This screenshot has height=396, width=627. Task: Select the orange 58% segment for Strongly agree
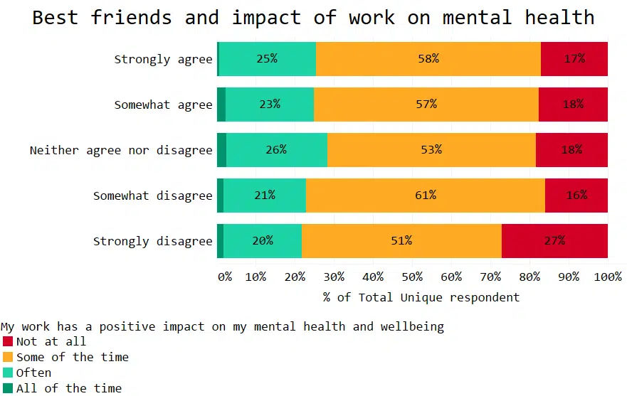click(x=428, y=59)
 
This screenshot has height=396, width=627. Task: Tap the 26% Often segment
click(x=276, y=150)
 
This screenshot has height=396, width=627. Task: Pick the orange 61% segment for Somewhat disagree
click(x=425, y=196)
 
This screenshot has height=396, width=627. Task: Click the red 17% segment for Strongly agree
click(x=574, y=59)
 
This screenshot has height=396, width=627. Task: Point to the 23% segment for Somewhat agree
click(x=269, y=105)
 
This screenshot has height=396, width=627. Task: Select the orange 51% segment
click(x=401, y=241)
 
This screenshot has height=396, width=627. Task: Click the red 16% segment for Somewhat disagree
click(x=576, y=196)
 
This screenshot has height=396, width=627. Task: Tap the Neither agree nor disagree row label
click(x=121, y=150)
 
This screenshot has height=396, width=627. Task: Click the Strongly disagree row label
click(x=152, y=241)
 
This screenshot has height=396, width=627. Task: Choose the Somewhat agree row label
click(x=163, y=105)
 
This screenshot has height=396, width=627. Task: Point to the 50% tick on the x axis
click(x=413, y=277)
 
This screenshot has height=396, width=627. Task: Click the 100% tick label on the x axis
click(x=608, y=277)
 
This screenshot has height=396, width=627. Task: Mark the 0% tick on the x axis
click(x=225, y=277)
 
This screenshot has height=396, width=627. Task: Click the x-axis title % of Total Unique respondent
click(x=421, y=297)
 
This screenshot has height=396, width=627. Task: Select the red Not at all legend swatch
click(x=8, y=341)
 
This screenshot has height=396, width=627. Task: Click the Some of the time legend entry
click(x=72, y=357)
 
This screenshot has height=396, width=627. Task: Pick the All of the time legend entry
click(x=68, y=388)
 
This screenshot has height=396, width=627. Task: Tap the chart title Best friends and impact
click(x=313, y=17)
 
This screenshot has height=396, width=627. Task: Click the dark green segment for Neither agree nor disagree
click(x=221, y=150)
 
